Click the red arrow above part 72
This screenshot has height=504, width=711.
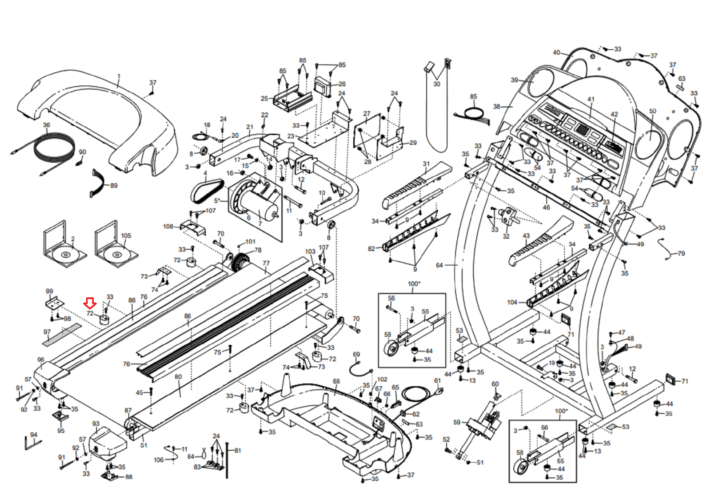[x=90, y=304]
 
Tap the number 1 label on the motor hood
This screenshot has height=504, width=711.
[x=119, y=77]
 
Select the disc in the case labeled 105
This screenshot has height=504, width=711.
[x=117, y=255]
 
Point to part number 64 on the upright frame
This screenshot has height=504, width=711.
[x=439, y=265]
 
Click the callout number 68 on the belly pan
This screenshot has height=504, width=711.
[x=336, y=381]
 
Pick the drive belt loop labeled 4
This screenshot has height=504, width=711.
[x=205, y=189]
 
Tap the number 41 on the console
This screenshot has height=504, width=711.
[x=591, y=99]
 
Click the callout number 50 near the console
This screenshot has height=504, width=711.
[x=652, y=111]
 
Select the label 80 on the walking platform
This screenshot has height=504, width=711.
[x=178, y=377]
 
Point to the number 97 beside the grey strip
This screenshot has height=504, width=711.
[x=47, y=332]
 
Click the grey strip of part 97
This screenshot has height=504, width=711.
[x=62, y=335]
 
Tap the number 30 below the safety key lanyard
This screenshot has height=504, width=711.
[x=437, y=84]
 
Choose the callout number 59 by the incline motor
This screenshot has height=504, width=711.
[x=457, y=422]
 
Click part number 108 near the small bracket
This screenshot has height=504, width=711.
[x=168, y=227]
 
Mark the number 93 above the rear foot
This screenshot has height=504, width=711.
[x=96, y=424]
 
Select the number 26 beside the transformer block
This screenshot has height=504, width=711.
[x=342, y=84]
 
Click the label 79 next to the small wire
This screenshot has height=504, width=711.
[x=681, y=253]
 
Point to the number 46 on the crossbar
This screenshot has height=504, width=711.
[x=546, y=207]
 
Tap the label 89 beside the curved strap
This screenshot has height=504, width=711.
[x=114, y=185]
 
